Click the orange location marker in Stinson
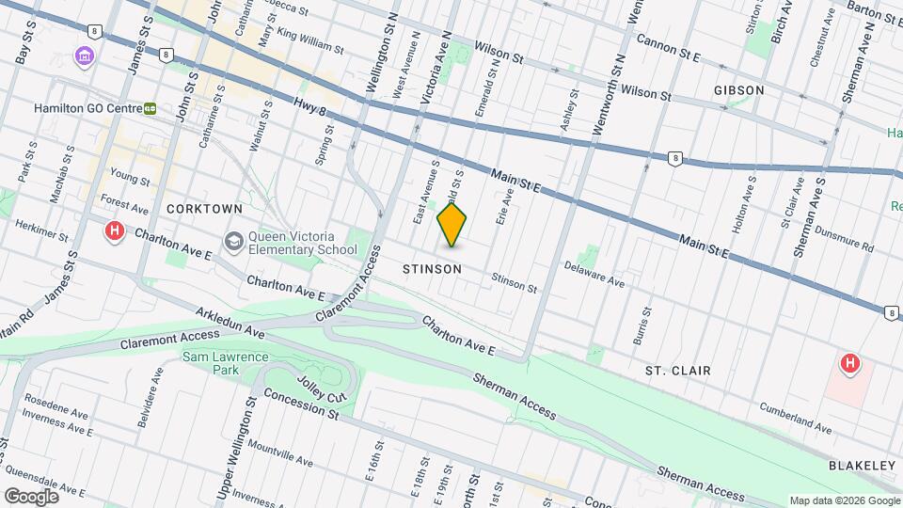point(452,226)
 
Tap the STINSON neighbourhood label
point(432,269)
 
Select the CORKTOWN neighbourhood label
point(204,208)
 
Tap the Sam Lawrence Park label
point(226,364)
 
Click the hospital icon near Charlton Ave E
point(115,230)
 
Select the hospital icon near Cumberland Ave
point(850,362)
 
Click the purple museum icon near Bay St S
point(85,57)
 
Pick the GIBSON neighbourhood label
point(738,90)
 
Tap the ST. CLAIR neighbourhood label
point(677,371)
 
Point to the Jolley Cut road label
point(323,392)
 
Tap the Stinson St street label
point(514,281)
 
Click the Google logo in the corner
point(30,496)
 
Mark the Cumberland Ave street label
point(797,421)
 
